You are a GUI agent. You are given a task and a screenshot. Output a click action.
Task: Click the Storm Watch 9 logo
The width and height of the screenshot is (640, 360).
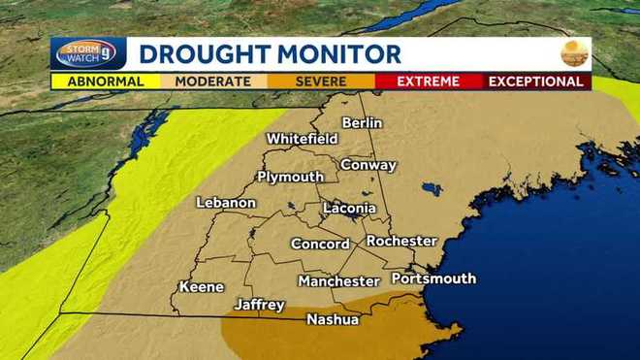tap(87, 53)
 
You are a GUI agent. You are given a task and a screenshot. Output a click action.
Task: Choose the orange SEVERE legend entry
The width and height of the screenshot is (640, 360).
tap(320, 82)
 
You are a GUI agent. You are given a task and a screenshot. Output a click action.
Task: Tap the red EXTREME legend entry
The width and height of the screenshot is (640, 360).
tap(428, 82)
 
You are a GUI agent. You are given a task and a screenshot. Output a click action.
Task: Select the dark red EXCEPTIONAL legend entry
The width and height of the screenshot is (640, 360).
tap(536, 82)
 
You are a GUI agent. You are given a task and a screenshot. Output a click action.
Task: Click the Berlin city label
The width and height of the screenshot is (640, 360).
tap(363, 122)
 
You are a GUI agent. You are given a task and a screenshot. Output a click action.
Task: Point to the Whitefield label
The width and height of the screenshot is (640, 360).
tap(302, 139)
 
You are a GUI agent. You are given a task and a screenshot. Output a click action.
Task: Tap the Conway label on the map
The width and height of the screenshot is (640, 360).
tap(368, 165)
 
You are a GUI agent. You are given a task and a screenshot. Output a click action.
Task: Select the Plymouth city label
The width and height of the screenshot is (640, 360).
tap(290, 177)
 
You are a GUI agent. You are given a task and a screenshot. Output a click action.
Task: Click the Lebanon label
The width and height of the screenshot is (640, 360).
tap(226, 203)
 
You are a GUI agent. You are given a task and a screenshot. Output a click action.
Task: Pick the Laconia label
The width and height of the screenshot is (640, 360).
tap(349, 209)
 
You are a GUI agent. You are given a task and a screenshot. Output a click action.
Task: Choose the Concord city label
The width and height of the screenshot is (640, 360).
tap(320, 245)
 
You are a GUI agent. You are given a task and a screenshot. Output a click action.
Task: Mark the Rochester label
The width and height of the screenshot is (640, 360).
tap(401, 241)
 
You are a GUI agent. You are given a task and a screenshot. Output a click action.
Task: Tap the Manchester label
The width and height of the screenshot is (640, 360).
tap(338, 281)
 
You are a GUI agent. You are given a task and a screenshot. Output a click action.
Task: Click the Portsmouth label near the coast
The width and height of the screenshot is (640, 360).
tap(433, 278)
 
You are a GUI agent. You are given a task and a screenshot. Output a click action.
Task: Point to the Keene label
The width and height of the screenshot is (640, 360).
tap(202, 287)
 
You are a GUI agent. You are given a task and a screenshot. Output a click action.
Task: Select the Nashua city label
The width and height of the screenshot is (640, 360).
tap(333, 319)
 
